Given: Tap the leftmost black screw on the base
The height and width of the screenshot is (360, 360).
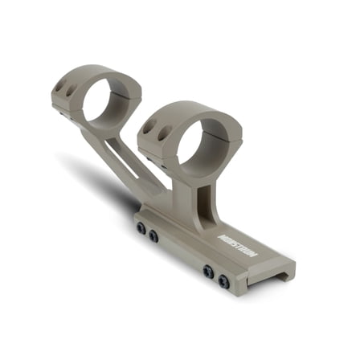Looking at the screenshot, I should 141,228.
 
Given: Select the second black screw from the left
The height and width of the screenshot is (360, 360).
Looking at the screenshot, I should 153,235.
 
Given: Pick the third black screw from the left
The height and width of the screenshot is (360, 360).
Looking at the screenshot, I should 208,271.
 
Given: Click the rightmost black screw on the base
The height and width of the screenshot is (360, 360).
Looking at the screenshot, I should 223,281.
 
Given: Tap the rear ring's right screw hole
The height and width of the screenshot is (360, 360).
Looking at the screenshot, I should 70,91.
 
